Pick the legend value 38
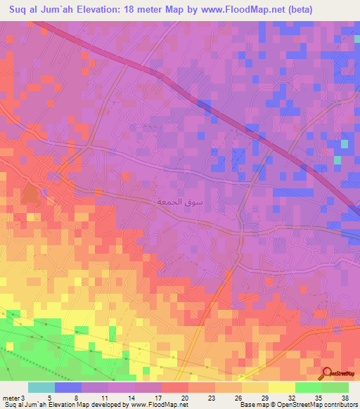(x=345, y=398)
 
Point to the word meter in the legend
(x=11, y=398)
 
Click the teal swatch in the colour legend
(x=41, y=387)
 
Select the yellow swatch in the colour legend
(x=281, y=387)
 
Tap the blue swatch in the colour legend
(x=67, y=387)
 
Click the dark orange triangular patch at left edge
(x=30, y=194)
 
